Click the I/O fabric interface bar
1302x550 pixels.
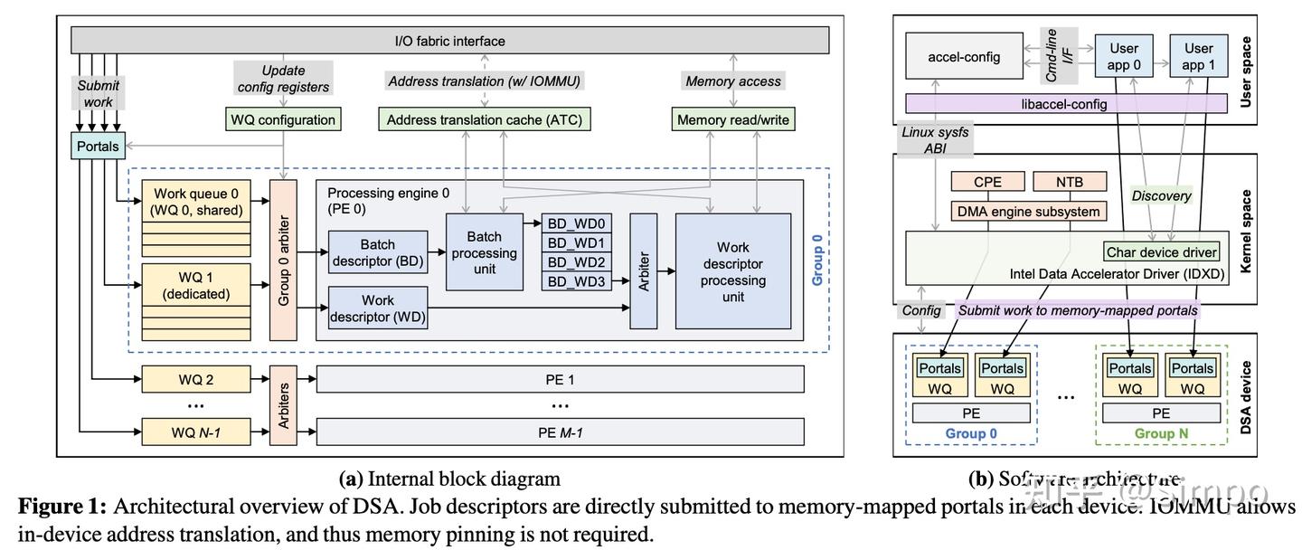click(x=449, y=41)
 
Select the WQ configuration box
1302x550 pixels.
click(x=283, y=119)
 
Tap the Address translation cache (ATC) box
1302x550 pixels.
click(x=485, y=119)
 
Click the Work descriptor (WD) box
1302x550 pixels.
click(x=378, y=308)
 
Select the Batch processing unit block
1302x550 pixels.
click(x=484, y=253)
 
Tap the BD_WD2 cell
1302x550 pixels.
click(x=576, y=262)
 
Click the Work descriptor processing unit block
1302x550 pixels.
click(x=733, y=271)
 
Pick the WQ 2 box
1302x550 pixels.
click(x=196, y=380)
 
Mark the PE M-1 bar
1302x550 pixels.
click(x=560, y=432)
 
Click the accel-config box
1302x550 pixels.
click(x=964, y=57)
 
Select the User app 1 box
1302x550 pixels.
click(x=1198, y=57)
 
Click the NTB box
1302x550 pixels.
click(x=1069, y=182)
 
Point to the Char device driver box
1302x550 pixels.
click(x=1161, y=252)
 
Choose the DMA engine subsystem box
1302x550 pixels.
click(x=1029, y=212)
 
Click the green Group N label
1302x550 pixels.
click(x=1161, y=433)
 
